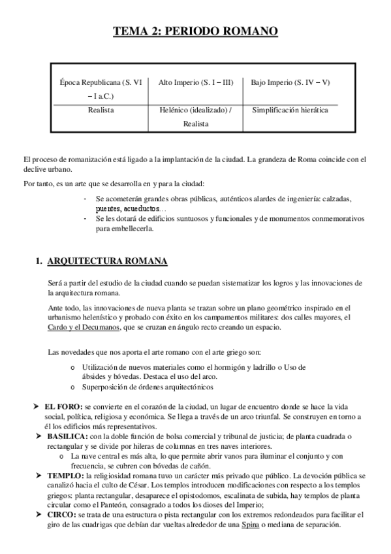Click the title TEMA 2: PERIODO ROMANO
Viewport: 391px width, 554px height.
click(196, 31)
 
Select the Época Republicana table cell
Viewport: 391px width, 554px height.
click(101, 90)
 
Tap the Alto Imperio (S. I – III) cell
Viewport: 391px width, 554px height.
click(195, 83)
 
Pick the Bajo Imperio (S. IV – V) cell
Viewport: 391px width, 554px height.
click(290, 83)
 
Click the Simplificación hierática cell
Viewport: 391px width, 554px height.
click(290, 110)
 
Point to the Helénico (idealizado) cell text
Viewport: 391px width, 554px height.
click(195, 110)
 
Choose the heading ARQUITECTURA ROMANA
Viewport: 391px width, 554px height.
click(108, 261)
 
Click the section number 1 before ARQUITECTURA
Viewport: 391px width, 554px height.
click(38, 261)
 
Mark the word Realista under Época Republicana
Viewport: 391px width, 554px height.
click(101, 110)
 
